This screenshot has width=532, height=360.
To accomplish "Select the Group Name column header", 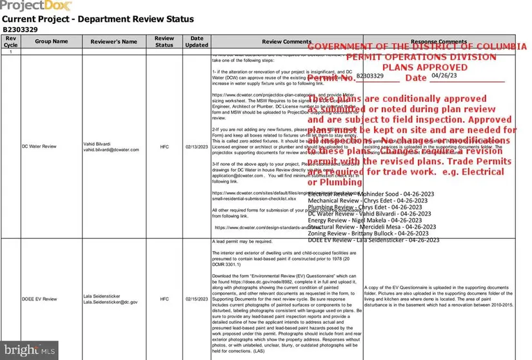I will click(52, 41).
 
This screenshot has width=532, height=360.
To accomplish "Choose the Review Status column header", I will click(164, 41).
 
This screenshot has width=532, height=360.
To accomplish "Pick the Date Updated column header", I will click(197, 41).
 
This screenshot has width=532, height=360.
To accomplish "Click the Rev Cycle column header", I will click(11, 41).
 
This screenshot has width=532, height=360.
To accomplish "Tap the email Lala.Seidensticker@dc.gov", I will click(110, 302).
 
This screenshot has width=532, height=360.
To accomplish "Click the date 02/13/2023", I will click(197, 146).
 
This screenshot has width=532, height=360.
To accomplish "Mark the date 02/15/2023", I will click(197, 299).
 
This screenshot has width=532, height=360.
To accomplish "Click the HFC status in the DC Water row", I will click(164, 146).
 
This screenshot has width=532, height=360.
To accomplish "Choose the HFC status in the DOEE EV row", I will click(164, 299).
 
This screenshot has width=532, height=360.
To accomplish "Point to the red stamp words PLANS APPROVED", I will click(416, 66).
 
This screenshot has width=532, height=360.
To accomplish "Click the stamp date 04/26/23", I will click(444, 75).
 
